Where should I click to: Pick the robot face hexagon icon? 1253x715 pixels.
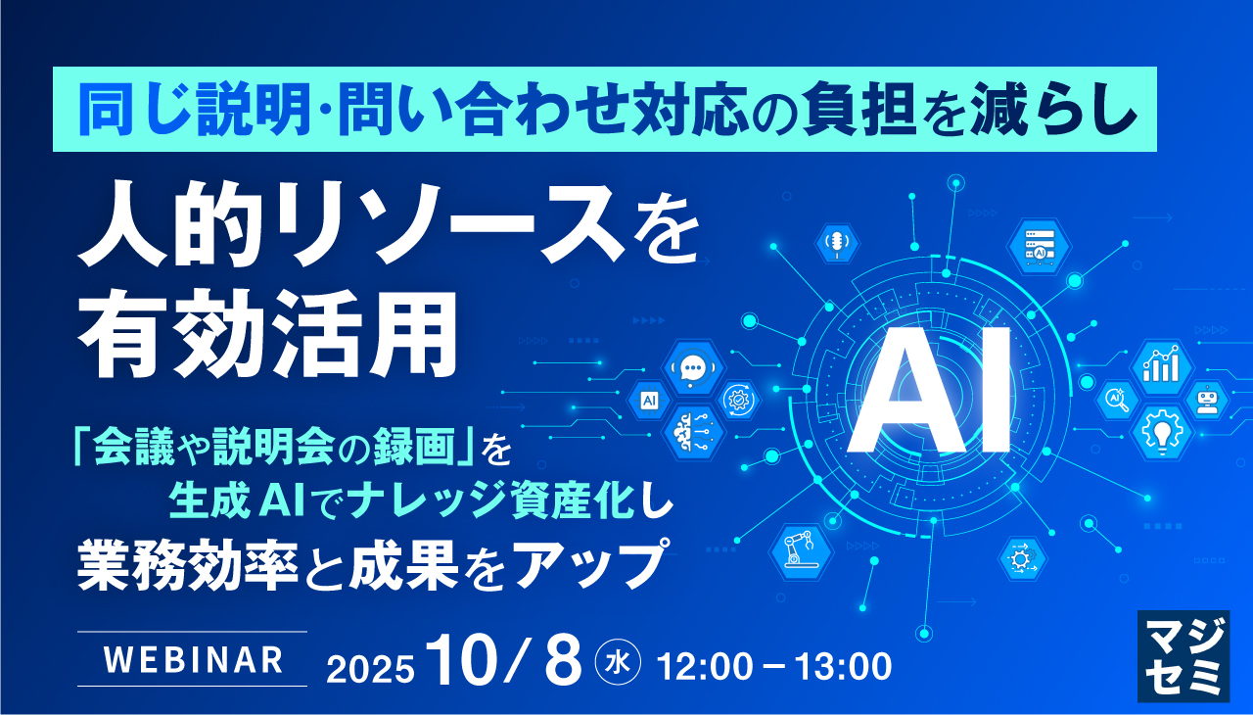(1206, 399)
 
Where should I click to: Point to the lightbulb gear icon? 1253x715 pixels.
(1161, 431)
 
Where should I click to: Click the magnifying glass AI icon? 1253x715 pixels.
(1116, 399)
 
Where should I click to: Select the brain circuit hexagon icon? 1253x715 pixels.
(694, 431)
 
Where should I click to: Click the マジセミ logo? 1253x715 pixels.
(1183, 655)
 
